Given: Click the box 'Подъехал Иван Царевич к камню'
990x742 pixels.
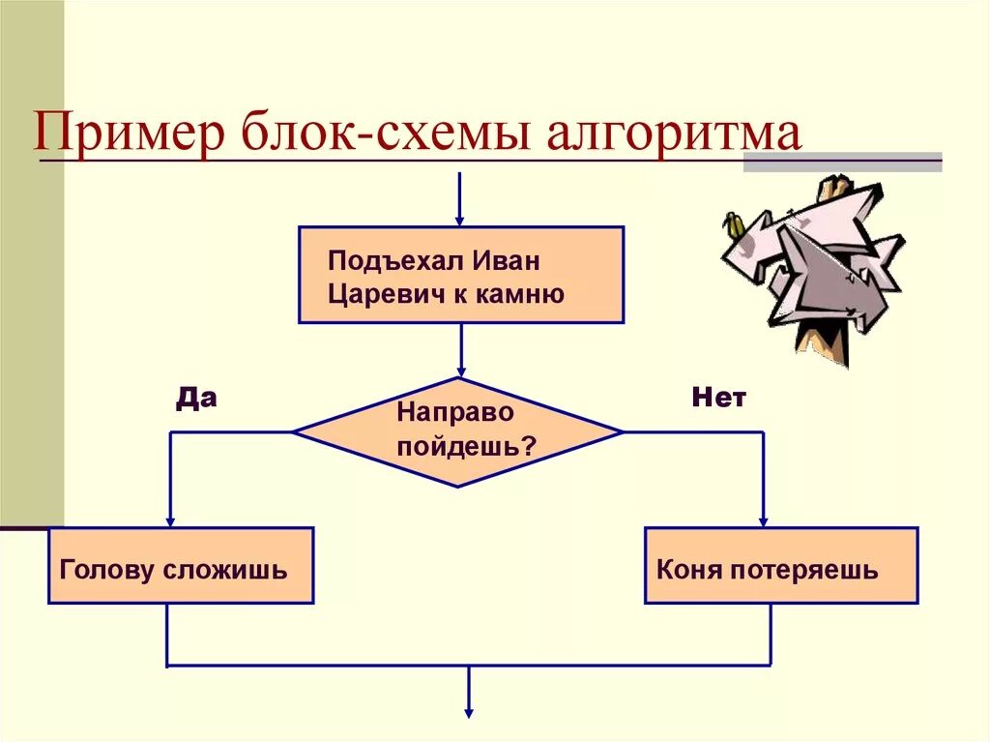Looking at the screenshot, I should [x=461, y=275].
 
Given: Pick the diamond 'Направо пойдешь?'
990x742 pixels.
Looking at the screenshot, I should [x=458, y=431].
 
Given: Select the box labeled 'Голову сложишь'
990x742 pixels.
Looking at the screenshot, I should [x=181, y=566].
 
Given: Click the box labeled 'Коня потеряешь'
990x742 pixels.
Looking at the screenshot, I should [x=781, y=566].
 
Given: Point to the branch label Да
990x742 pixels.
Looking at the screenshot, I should [x=195, y=398].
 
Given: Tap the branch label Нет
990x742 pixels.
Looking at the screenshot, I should [x=718, y=398].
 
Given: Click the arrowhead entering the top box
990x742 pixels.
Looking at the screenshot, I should [x=460, y=219].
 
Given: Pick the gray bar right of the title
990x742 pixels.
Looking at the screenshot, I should [x=842, y=162].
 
